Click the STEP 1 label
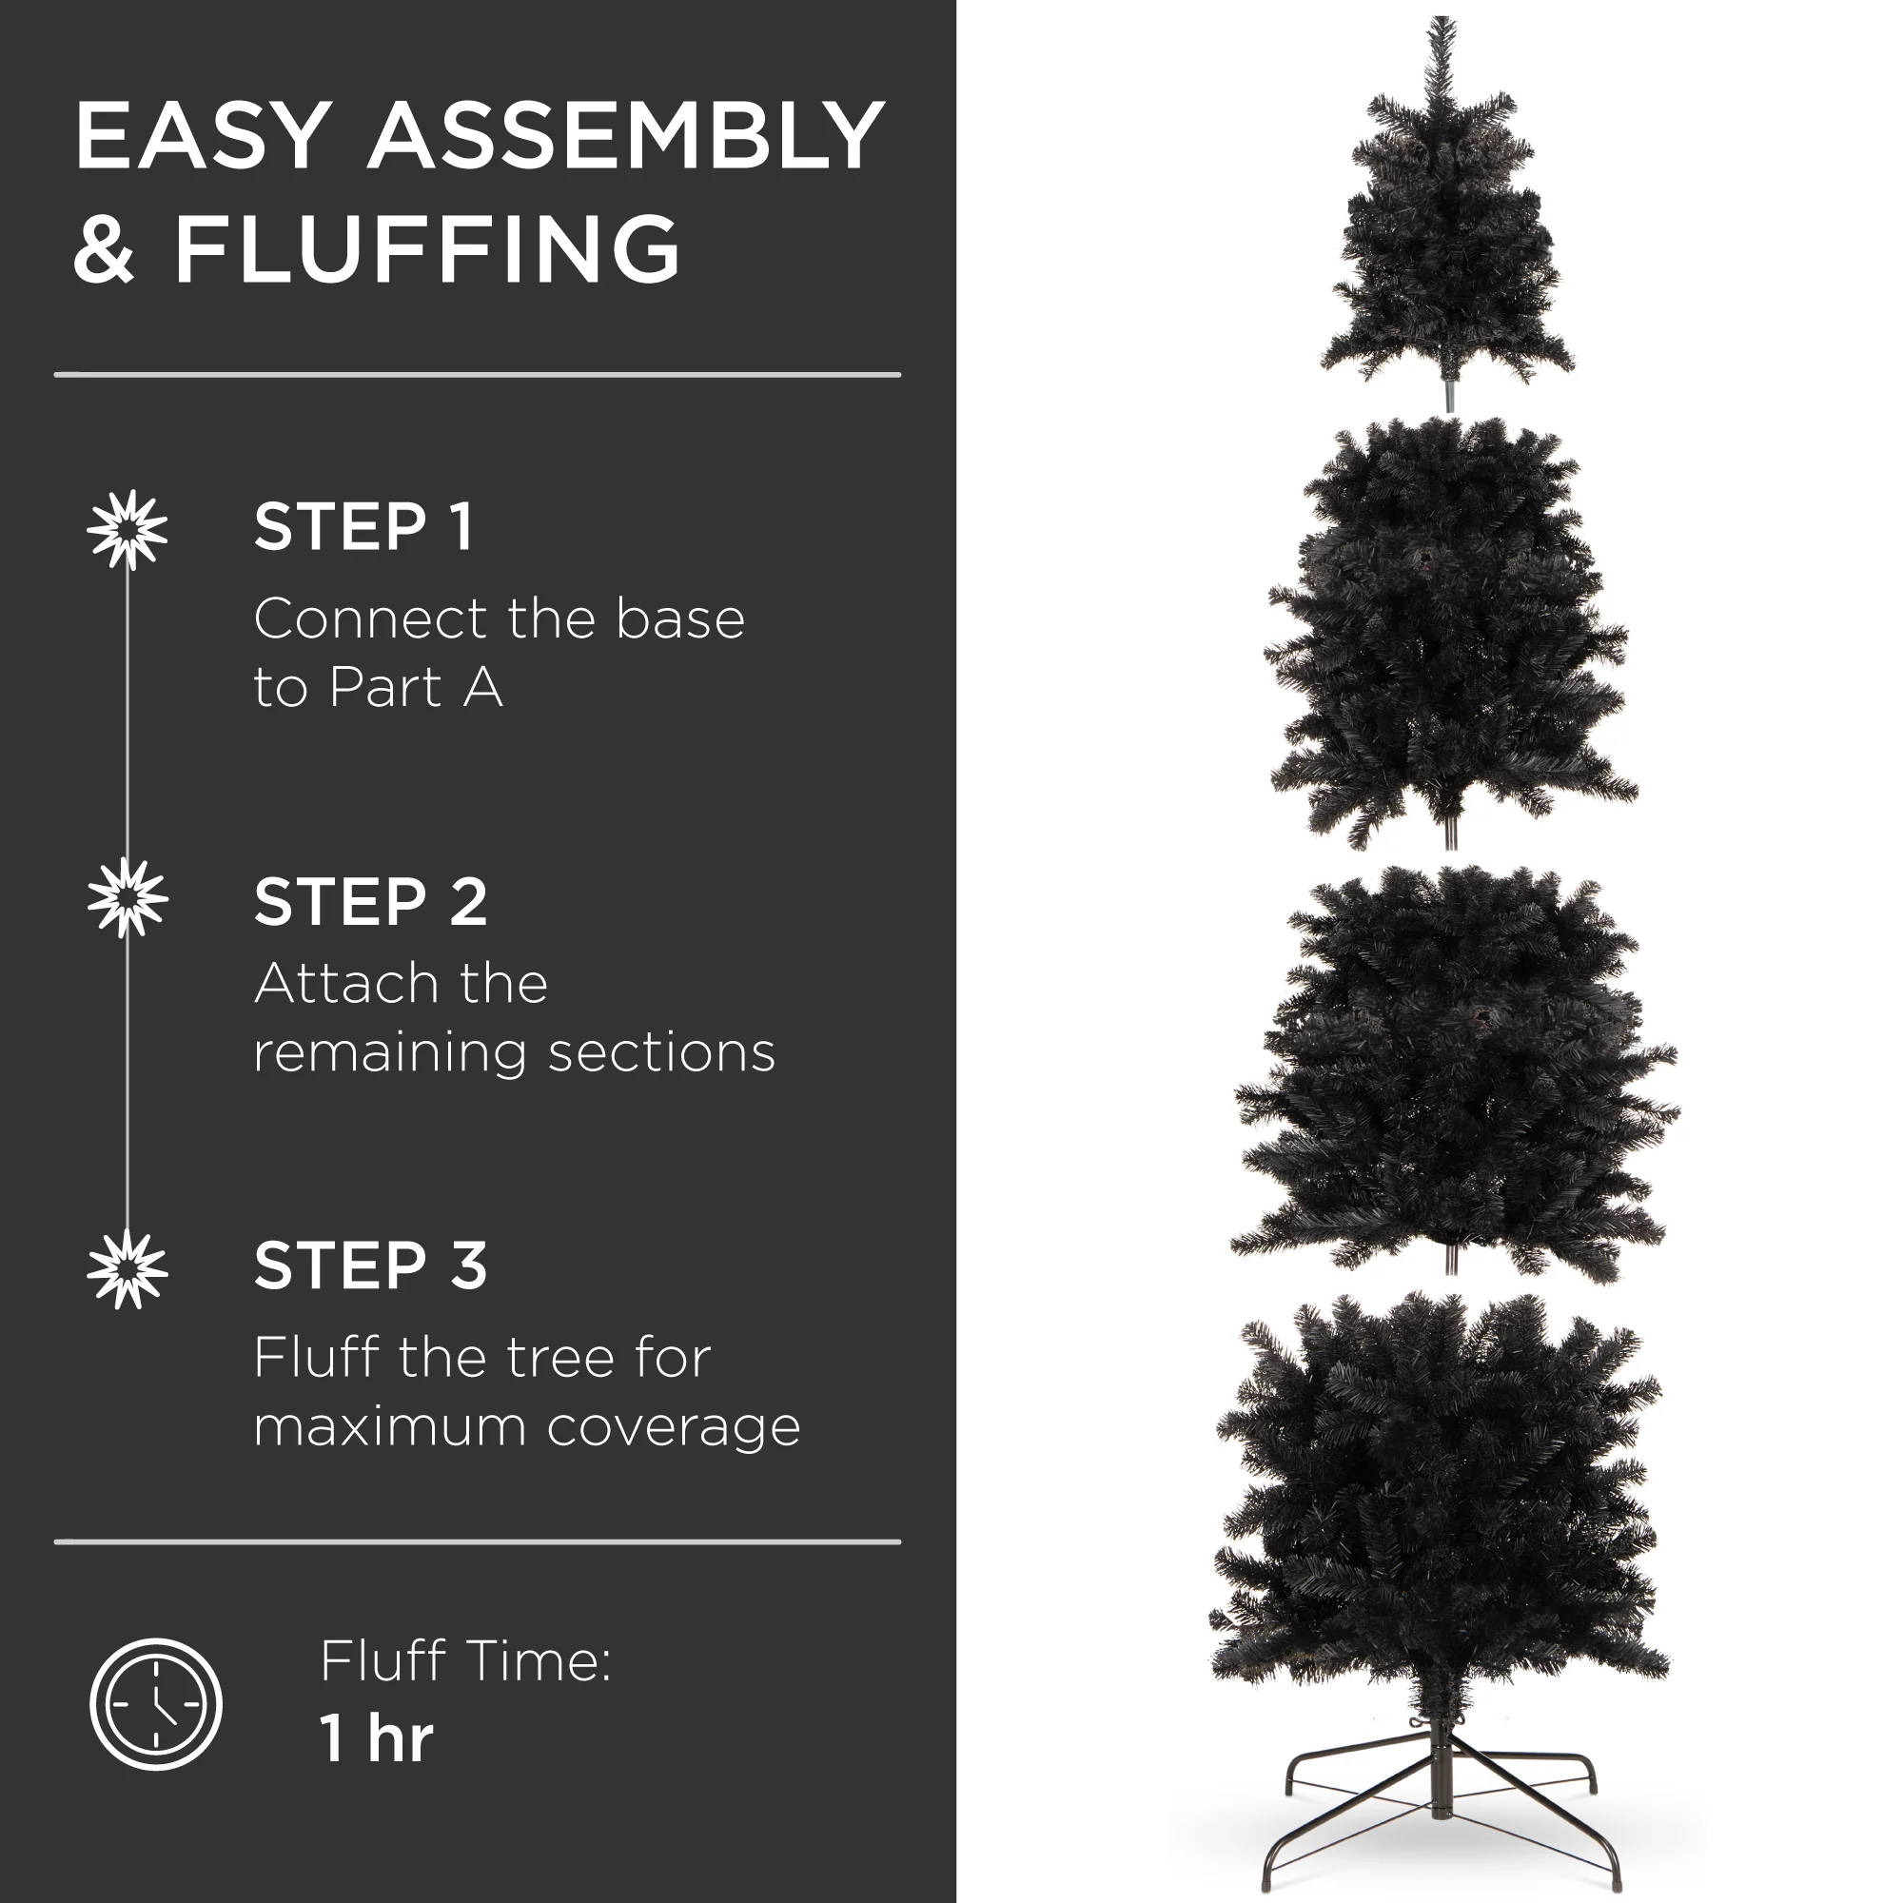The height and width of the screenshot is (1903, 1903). click(x=363, y=526)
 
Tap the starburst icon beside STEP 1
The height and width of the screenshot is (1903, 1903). click(x=128, y=530)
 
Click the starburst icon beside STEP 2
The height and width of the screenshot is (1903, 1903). click(x=128, y=897)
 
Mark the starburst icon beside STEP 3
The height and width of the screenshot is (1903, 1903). click(x=128, y=1268)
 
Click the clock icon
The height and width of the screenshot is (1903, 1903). click(x=156, y=1704)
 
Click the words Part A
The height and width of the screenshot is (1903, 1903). click(x=416, y=687)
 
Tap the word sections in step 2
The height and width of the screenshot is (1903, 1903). click(x=661, y=1052)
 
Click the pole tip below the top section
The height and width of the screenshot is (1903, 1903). click(x=1449, y=397)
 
